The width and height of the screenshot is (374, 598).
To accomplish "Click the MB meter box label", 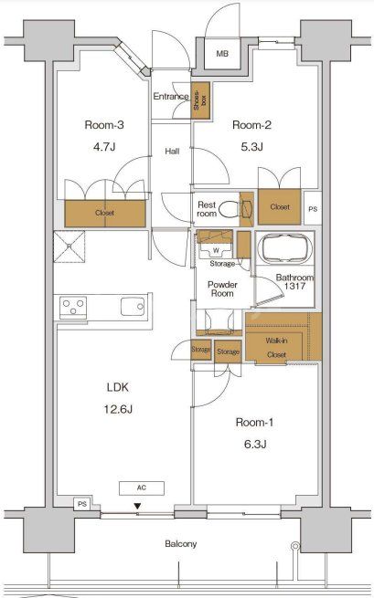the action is click(222, 54).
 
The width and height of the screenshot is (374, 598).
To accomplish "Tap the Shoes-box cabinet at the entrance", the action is click(200, 100).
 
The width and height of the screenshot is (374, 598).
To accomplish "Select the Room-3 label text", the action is click(104, 125).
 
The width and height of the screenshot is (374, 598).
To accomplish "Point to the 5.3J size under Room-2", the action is click(251, 146).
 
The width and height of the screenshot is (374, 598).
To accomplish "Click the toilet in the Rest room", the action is click(230, 208).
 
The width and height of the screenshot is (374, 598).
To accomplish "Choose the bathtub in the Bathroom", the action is click(285, 248).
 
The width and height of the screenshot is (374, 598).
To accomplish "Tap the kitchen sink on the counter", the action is click(133, 307).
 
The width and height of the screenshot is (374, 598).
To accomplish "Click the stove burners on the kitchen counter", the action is click(73, 308).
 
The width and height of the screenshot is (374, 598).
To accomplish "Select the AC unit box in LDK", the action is click(142, 488).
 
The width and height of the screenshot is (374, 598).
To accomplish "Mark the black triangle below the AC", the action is click(137, 507).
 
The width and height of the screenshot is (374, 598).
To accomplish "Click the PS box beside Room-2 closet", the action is click(313, 208).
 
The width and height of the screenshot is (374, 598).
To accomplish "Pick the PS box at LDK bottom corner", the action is click(82, 504).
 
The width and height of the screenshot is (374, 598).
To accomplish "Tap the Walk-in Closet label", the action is click(276, 348).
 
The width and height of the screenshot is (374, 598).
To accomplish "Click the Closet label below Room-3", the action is click(104, 213).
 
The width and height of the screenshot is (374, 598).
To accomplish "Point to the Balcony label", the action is click(181, 543).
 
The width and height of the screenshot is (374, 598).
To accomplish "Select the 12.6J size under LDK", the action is click(118, 410).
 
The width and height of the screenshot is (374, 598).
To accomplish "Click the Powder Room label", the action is click(222, 289).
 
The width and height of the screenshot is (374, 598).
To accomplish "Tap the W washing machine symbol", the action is click(216, 250).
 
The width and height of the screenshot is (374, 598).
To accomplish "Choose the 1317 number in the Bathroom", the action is click(295, 286).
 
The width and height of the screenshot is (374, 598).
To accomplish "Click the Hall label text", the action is click(172, 152).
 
